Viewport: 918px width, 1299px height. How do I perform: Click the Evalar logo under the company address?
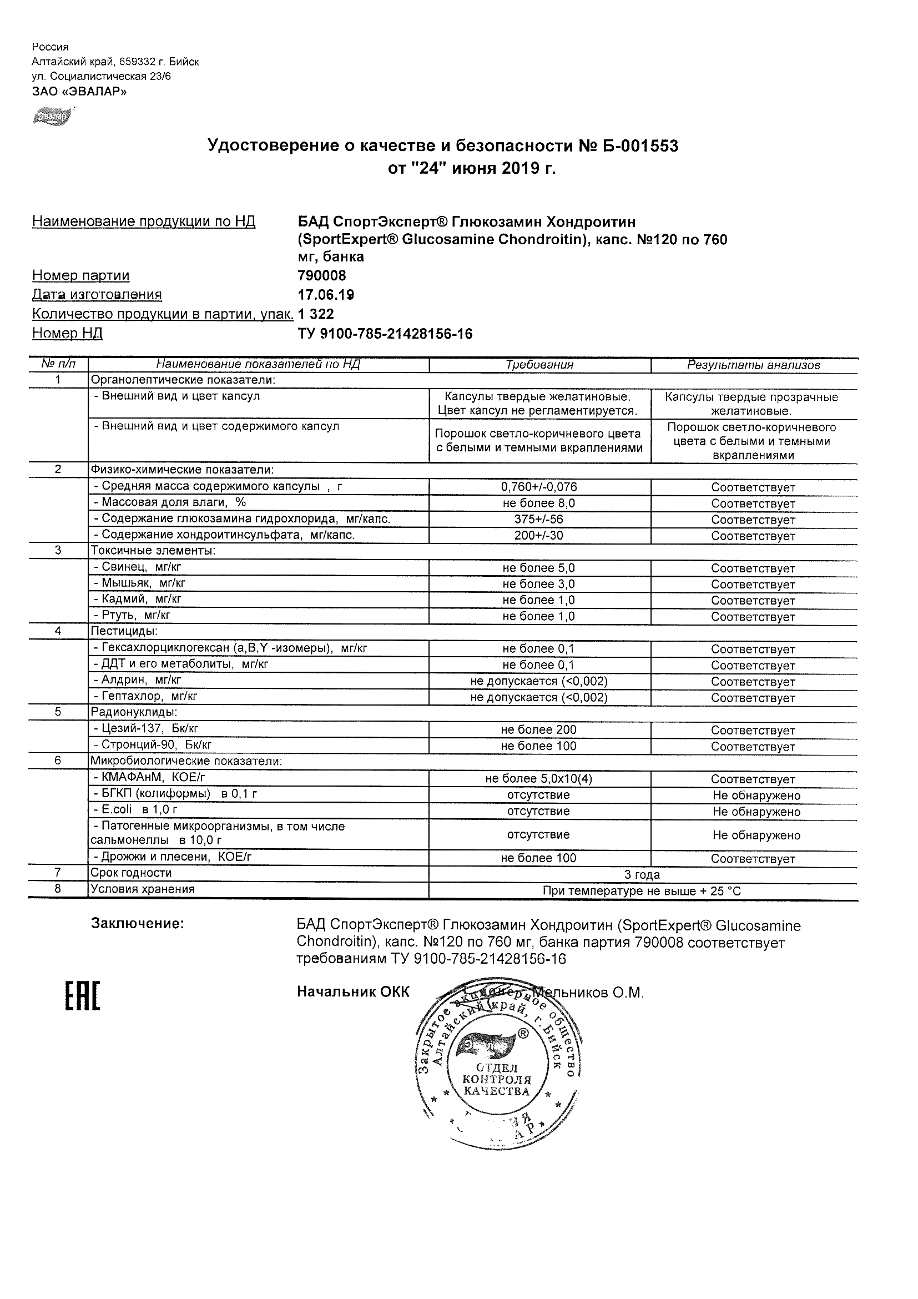52,116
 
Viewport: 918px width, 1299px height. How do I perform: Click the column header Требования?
539,365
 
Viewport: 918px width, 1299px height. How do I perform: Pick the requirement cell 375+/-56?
539,520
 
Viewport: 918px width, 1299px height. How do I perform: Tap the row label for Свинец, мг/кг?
137,567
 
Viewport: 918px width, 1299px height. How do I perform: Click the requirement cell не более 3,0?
539,584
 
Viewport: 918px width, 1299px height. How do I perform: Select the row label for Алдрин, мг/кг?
137,681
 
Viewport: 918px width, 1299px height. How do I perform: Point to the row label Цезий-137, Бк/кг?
145,729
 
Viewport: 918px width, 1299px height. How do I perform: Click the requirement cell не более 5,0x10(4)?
539,778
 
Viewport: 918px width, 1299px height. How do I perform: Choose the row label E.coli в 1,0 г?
135,810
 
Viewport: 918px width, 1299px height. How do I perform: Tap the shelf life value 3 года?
642,875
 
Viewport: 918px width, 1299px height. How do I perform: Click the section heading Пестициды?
124,631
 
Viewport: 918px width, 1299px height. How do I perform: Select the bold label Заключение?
138,924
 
